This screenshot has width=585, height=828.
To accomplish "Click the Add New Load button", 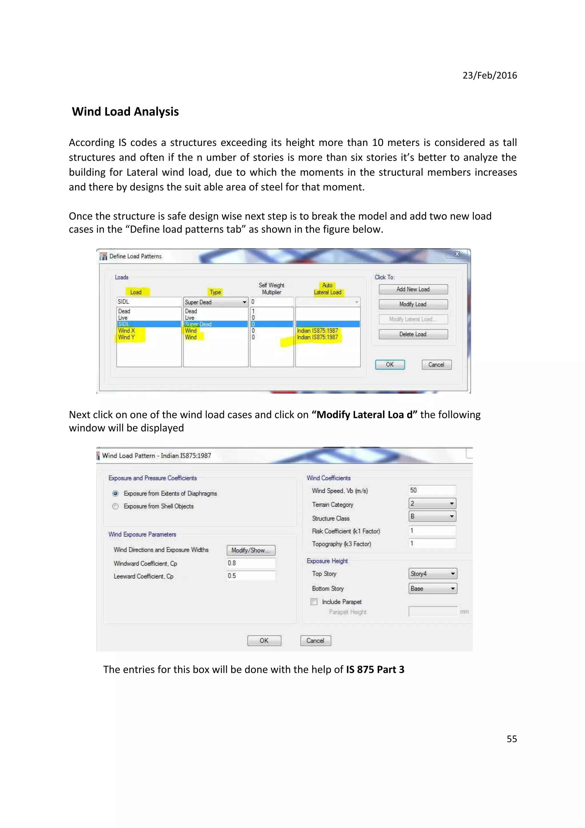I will pyautogui.click(x=413, y=289).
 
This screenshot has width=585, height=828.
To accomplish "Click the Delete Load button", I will pyautogui.click(x=413, y=334).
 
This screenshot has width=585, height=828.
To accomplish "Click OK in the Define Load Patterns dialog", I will pyautogui.click(x=390, y=365).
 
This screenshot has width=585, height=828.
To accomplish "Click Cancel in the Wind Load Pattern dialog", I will pyautogui.click(x=315, y=641).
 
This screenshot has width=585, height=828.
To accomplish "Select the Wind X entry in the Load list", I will pyautogui.click(x=127, y=331).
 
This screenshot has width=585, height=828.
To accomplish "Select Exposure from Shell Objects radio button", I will pyautogui.click(x=115, y=506).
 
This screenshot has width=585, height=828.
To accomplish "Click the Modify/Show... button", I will pyautogui.click(x=251, y=550).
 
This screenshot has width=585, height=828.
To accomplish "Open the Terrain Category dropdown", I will pyautogui.click(x=451, y=504).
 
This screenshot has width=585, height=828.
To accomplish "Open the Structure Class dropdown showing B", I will pyautogui.click(x=451, y=516).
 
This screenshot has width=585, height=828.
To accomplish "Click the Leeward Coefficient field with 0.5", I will pyautogui.click(x=251, y=576).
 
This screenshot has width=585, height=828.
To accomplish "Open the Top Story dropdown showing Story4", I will pyautogui.click(x=452, y=574).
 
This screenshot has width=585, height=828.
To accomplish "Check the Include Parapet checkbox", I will pyautogui.click(x=314, y=601).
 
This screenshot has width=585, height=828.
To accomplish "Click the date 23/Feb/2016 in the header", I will pyautogui.click(x=490, y=75).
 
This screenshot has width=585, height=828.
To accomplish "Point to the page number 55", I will pyautogui.click(x=512, y=739).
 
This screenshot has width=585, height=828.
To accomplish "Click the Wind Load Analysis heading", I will pyautogui.click(x=125, y=112).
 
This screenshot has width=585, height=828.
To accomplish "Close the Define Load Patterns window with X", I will pyautogui.click(x=457, y=254).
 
